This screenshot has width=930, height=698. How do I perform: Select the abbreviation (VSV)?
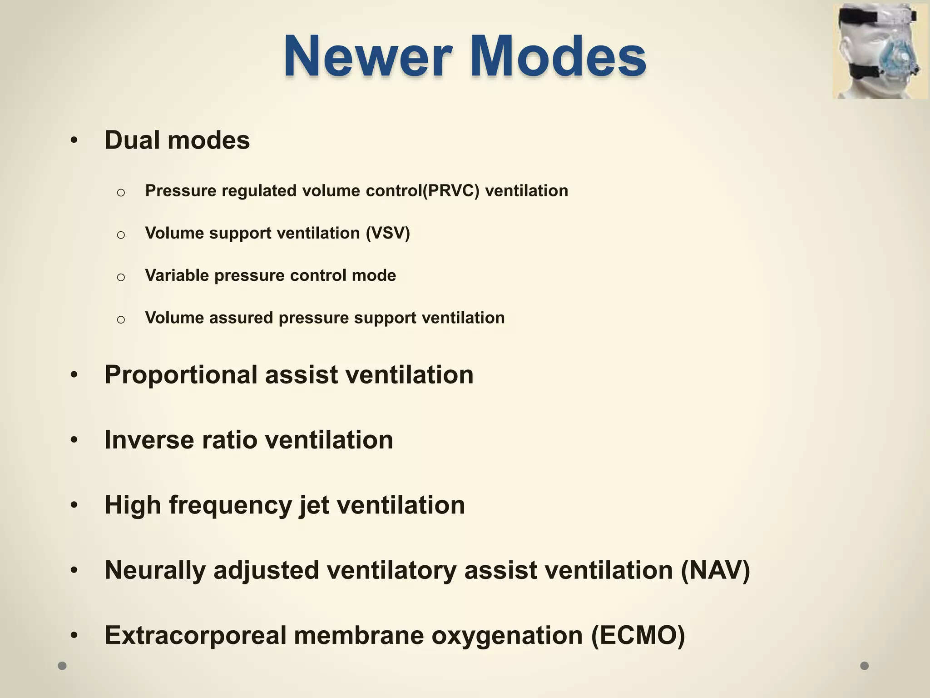pyautogui.click(x=388, y=233)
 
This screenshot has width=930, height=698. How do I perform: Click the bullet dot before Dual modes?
pyautogui.click(x=74, y=141)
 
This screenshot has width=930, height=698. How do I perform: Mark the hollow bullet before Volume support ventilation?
pyautogui.click(x=121, y=235)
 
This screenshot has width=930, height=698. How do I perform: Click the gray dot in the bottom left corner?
pyautogui.click(x=62, y=666)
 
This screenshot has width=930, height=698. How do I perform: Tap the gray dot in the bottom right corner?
pyautogui.click(x=865, y=666)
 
